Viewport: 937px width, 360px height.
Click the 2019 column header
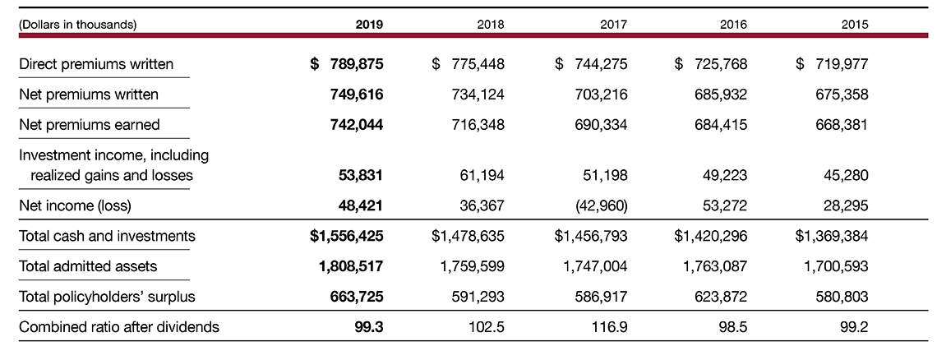point(369,25)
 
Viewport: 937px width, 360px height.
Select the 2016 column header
point(733,25)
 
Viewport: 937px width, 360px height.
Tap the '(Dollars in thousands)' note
point(77,25)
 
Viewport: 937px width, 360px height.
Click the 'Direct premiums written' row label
point(96,64)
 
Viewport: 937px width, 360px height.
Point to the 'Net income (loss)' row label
point(75,205)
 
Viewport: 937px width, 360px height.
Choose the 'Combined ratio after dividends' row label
point(119,326)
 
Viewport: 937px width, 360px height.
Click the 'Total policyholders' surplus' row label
point(107,296)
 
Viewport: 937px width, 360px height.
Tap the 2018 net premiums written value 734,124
point(478,95)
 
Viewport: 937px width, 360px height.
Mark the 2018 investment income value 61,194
point(482,175)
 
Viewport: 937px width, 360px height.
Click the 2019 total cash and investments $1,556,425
point(346,236)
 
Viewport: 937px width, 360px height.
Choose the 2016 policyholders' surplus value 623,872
point(720,296)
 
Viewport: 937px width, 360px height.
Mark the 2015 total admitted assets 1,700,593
point(833,266)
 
